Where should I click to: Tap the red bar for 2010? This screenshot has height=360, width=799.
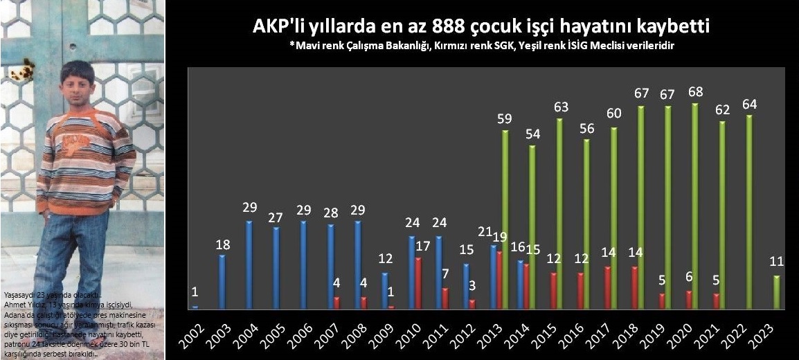418,282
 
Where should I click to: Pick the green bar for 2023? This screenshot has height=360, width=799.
776,291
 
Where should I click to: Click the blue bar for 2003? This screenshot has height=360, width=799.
222,281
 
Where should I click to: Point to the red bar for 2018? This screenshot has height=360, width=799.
636,287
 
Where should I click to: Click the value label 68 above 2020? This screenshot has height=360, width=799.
694,91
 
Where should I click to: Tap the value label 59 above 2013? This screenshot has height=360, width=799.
505,118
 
